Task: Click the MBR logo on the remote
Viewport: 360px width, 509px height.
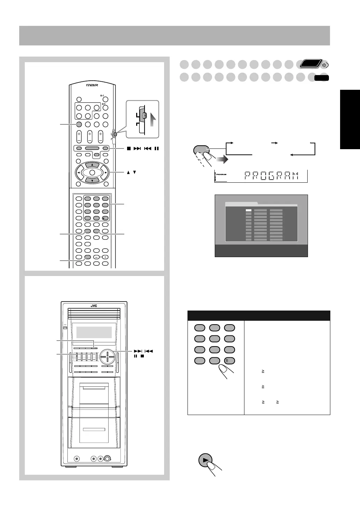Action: coord(92,85)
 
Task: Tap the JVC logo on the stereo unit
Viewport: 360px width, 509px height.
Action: coord(94,306)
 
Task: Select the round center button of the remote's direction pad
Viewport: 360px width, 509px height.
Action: coord(92,173)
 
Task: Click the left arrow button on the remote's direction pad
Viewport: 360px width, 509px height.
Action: coord(79,173)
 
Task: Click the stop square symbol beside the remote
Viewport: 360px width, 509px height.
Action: coord(129,148)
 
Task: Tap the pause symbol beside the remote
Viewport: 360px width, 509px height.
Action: coord(157,148)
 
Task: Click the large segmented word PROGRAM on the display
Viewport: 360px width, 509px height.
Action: coord(271,176)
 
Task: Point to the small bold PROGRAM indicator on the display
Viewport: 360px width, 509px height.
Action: coord(221,174)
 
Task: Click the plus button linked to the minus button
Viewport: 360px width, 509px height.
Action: coord(105,257)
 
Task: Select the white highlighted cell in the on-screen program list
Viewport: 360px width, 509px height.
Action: coord(249,210)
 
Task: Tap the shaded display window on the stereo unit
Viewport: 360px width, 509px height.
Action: coord(94,332)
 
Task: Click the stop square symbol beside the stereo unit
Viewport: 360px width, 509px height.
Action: coord(142,356)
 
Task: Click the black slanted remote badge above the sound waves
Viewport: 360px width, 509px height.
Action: coord(311,64)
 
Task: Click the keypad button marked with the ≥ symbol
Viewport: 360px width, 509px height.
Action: coord(229,361)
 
